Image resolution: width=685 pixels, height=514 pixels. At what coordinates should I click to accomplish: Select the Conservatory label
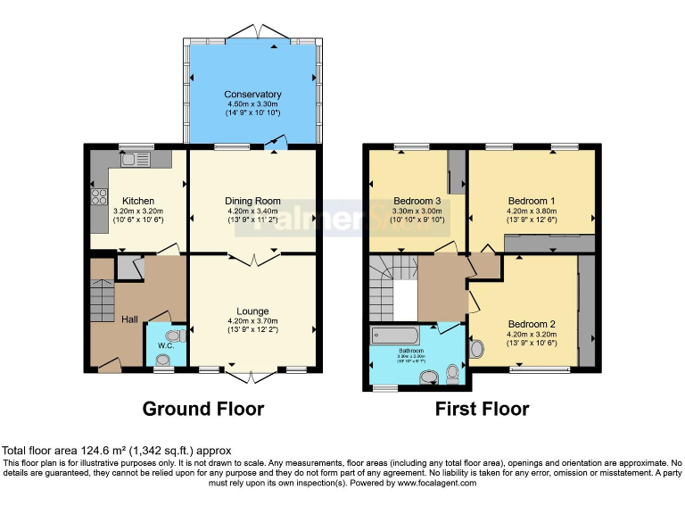(x=252, y=95)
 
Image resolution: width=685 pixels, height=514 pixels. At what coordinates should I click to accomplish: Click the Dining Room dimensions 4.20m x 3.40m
(x=252, y=211)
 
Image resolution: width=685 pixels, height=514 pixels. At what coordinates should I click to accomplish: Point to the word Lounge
(x=252, y=311)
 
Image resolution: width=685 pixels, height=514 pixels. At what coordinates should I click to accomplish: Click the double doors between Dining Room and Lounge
(x=252, y=259)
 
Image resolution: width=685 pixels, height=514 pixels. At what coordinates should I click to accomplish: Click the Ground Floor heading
(x=203, y=410)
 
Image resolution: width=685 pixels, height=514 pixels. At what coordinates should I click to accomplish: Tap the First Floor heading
(x=482, y=410)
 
